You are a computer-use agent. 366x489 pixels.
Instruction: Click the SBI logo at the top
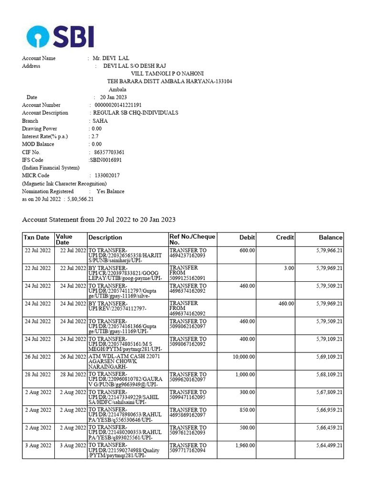60,36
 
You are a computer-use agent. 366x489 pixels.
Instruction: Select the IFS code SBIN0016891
109,160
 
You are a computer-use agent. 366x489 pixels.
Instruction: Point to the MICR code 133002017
107,176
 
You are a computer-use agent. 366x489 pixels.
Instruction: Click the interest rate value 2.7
95,137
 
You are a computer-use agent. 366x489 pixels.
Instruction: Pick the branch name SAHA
100,121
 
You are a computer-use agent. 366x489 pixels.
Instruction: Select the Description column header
105,237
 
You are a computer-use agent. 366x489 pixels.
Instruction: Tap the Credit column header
285,237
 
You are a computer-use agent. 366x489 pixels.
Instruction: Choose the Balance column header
331,237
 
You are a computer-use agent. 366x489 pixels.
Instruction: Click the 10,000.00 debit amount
244,357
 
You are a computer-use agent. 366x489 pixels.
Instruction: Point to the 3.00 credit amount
289,268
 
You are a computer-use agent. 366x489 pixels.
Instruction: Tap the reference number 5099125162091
188,277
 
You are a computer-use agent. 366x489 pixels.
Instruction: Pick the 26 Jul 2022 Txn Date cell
38,357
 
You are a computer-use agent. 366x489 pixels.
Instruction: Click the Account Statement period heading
99,220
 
